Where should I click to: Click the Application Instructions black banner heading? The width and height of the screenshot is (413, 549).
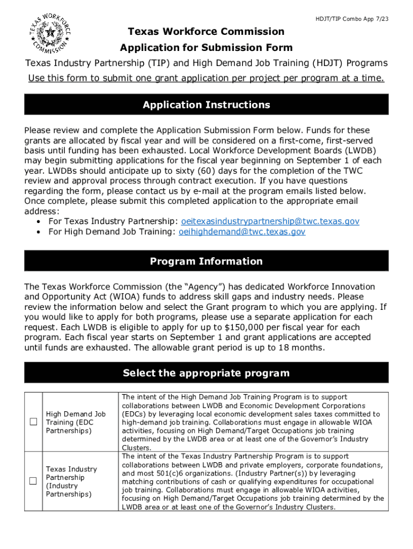point(206,105)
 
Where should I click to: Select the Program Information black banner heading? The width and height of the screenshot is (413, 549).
point(206,261)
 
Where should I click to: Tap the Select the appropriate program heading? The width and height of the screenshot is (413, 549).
point(206,373)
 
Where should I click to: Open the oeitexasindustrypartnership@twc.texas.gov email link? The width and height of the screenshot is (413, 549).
point(270,221)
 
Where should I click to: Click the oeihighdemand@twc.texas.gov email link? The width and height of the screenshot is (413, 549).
point(242,232)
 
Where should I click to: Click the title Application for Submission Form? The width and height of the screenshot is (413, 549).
point(206,48)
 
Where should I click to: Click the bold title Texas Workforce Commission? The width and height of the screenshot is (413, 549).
point(206,32)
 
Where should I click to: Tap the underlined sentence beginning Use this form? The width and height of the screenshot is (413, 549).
point(206,79)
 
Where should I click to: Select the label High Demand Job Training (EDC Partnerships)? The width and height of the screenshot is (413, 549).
point(76,422)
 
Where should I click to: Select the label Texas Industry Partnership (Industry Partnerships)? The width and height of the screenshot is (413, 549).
point(71,481)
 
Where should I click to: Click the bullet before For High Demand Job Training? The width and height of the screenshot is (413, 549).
point(40,232)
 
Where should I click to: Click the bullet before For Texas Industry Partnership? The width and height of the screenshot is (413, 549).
point(40,221)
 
